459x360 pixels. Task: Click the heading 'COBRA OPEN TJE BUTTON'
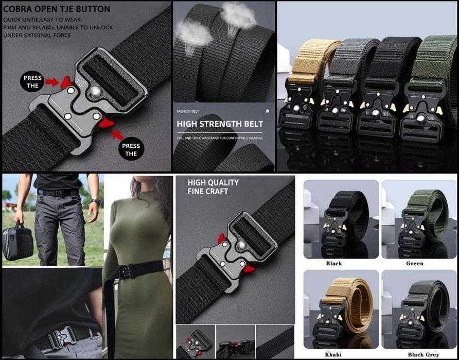[x=57, y=9]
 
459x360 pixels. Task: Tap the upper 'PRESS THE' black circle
[x=32, y=82]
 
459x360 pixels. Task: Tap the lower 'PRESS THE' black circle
[x=131, y=149]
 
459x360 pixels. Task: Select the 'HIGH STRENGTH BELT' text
[x=220, y=124]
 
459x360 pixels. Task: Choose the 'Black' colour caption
[x=333, y=263]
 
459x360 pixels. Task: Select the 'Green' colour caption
[x=415, y=263]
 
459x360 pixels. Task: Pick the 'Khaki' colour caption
[x=333, y=355]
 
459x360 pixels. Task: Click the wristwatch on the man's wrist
[x=94, y=201]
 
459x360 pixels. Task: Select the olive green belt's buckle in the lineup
[x=420, y=111]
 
